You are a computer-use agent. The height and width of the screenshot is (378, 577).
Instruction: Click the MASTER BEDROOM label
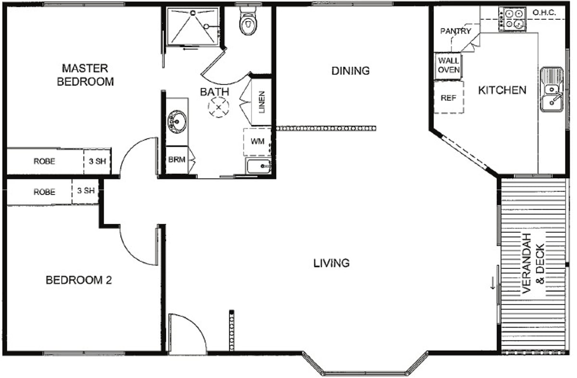click(85, 75)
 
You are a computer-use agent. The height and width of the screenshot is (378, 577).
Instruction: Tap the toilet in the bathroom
click(248, 21)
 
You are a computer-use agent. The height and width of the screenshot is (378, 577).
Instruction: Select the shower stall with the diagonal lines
click(193, 26)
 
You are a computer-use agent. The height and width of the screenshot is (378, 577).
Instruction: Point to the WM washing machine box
click(257, 142)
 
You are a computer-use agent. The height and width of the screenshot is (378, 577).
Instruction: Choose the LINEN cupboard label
click(262, 102)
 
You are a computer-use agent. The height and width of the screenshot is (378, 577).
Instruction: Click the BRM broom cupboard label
click(177, 160)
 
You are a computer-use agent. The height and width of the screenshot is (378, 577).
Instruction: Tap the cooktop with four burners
click(512, 19)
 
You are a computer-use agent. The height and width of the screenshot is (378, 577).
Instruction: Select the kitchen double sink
click(552, 89)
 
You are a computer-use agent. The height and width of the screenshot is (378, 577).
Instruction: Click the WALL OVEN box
click(449, 66)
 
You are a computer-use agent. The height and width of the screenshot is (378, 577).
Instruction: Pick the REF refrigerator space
click(449, 98)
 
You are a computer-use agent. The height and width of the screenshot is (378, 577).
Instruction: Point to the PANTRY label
click(455, 31)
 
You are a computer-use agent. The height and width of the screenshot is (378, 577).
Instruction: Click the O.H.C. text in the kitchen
click(544, 12)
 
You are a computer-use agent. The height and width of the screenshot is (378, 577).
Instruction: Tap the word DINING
click(351, 71)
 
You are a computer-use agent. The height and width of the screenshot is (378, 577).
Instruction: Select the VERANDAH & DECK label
click(533, 263)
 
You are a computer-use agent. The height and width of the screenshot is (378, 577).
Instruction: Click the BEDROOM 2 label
click(78, 280)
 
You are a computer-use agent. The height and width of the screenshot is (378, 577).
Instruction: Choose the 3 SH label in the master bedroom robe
click(97, 161)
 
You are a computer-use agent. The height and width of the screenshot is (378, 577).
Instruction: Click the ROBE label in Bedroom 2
click(44, 192)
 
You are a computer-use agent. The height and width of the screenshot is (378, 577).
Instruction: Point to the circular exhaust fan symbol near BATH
click(218, 107)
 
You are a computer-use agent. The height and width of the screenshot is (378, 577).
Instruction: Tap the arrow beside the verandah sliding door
click(493, 283)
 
